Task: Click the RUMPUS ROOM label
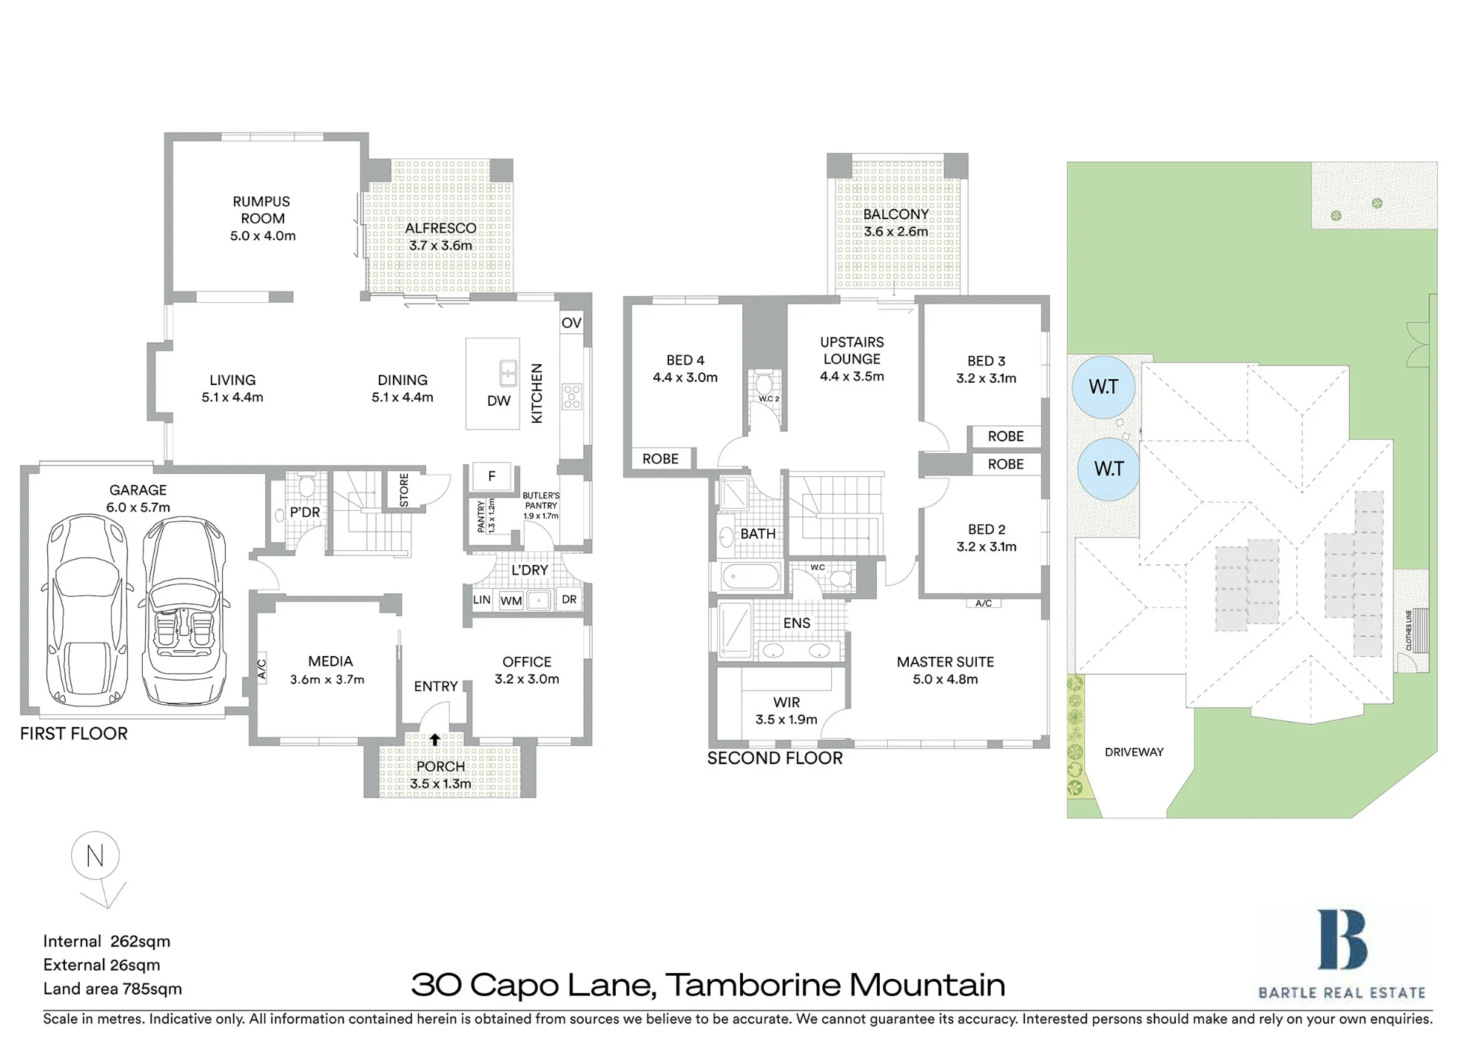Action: coord(262,210)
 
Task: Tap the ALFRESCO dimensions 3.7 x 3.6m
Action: coord(441,245)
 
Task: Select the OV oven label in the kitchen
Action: coord(571,323)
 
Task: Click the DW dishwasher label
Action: coord(499,401)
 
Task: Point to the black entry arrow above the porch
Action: coord(435,739)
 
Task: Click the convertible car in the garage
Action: coord(184,612)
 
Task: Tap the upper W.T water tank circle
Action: coord(1103,387)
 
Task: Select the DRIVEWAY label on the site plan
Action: coord(1134,752)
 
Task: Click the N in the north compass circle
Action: coord(95,856)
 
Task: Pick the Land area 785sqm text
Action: coord(112,989)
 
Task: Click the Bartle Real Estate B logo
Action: coord(1342,940)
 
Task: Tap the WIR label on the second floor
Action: coord(787,702)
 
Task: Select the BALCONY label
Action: coord(895,214)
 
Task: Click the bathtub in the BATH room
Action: coord(750,576)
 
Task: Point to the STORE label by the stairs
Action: coord(404,490)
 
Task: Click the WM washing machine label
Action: coord(511,601)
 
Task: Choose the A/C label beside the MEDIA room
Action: coord(261,669)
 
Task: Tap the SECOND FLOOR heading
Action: coord(775,758)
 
